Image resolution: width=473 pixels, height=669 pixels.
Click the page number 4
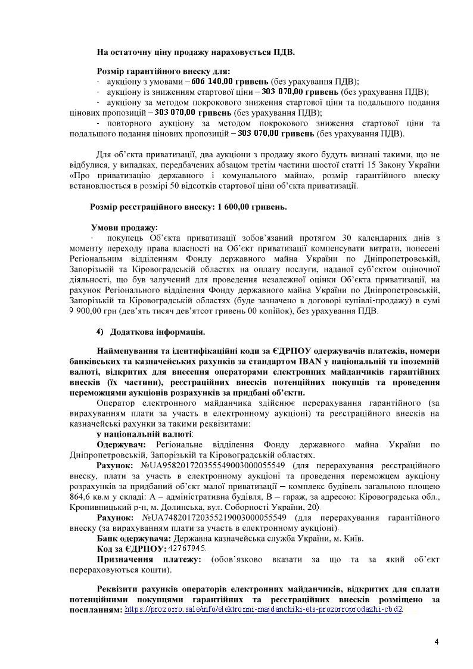point(437,642)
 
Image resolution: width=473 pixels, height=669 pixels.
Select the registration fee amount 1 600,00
point(235,207)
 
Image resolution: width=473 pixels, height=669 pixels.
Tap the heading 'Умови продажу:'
point(125,228)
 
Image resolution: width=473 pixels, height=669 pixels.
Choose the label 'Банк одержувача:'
point(134,538)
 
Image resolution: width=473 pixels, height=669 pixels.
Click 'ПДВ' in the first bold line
point(283,52)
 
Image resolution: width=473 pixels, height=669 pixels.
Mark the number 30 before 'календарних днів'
point(351,238)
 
